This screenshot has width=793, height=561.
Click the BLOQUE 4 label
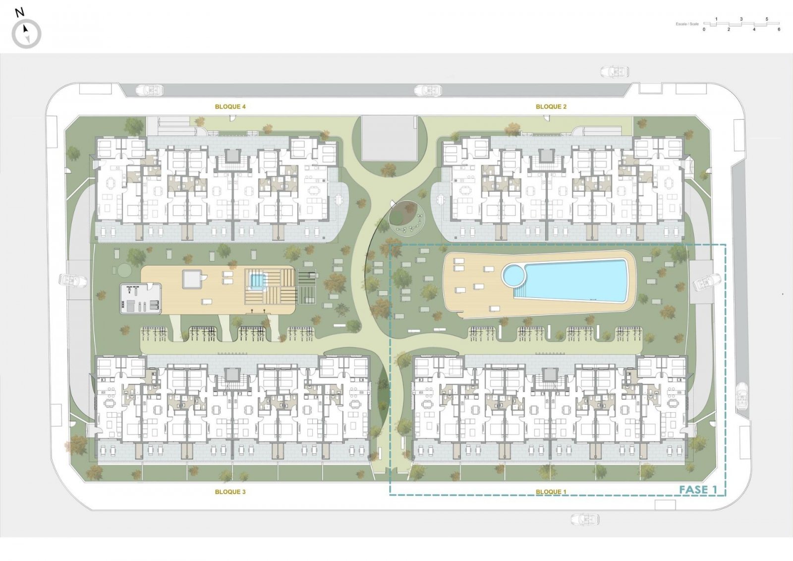coord(230,107)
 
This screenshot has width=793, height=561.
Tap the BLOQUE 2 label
coord(551,107)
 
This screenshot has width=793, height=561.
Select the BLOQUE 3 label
coord(230,492)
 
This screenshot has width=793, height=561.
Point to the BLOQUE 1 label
coord(551,492)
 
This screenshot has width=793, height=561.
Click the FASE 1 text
coord(698,490)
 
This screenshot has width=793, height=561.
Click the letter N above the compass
coord(20,13)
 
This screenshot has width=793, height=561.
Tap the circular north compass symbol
coord(27,34)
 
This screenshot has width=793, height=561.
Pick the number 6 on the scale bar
coord(779,30)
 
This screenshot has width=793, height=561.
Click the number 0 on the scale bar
coord(704,30)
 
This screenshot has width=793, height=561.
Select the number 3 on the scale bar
coord(741,19)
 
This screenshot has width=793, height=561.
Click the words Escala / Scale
coord(687,24)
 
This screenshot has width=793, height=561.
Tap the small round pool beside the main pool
coord(514,275)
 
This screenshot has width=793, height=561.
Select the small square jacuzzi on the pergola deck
coord(256,281)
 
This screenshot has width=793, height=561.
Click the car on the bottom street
coord(585,519)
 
